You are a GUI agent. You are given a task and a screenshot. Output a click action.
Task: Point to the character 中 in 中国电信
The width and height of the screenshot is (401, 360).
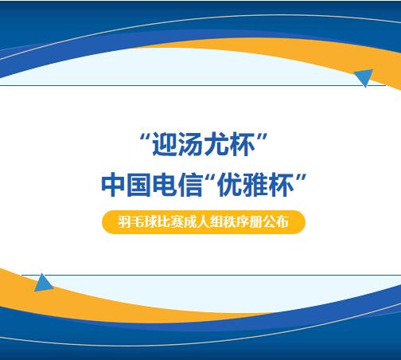[x=114, y=185]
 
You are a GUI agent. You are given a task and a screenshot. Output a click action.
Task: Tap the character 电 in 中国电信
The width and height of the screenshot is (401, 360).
[x=165, y=185]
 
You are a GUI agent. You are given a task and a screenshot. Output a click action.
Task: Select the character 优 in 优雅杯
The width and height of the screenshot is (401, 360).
[x=230, y=185]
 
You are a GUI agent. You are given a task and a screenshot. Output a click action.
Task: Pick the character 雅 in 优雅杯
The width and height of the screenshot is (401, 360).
[x=255, y=185]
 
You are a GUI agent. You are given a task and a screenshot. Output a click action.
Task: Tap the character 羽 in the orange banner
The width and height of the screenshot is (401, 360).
[x=124, y=222]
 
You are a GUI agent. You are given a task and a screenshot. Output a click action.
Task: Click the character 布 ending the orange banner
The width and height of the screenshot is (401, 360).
[x=282, y=222]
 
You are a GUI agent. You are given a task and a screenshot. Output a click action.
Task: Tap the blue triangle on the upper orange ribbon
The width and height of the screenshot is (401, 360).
[x=364, y=76]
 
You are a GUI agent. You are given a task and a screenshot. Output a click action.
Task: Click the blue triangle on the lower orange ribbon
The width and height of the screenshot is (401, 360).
[x=43, y=284]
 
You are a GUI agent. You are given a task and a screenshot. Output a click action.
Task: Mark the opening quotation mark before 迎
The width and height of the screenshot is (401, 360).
[x=145, y=138]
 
